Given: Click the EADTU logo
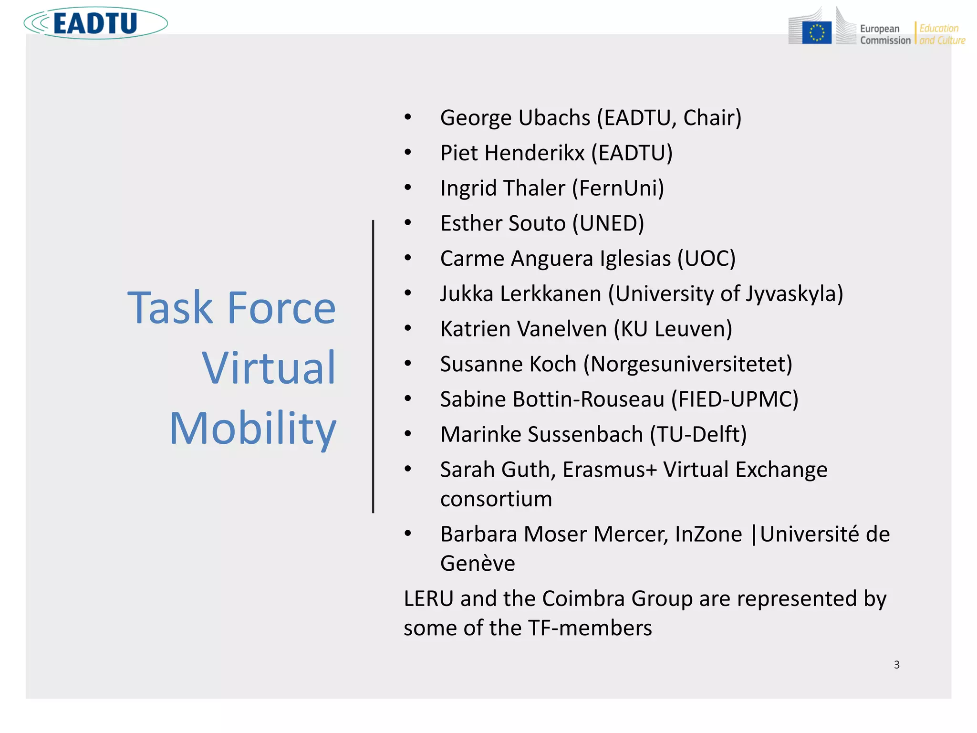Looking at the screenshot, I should pyautogui.click(x=95, y=23).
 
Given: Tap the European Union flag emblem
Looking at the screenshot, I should pyautogui.click(x=817, y=33).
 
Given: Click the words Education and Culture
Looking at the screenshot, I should pyautogui.click(x=942, y=34).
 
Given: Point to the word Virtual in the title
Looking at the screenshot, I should pyautogui.click(x=269, y=368).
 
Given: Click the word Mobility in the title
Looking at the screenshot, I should pyautogui.click(x=253, y=428).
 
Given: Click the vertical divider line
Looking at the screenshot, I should pyautogui.click(x=373, y=366).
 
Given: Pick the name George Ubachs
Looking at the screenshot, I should pyautogui.click(x=515, y=118).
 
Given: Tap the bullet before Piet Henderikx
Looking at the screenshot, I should pyautogui.click(x=408, y=153).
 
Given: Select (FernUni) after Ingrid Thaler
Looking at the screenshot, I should pyautogui.click(x=618, y=188).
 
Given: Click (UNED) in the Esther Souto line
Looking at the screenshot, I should pyautogui.click(x=608, y=223).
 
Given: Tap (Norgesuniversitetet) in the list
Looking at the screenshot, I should pyautogui.click(x=687, y=364).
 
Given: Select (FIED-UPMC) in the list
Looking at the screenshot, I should pyautogui.click(x=735, y=399).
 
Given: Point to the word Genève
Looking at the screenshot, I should pyautogui.click(x=478, y=564).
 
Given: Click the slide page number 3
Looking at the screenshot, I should pyautogui.click(x=896, y=665).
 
